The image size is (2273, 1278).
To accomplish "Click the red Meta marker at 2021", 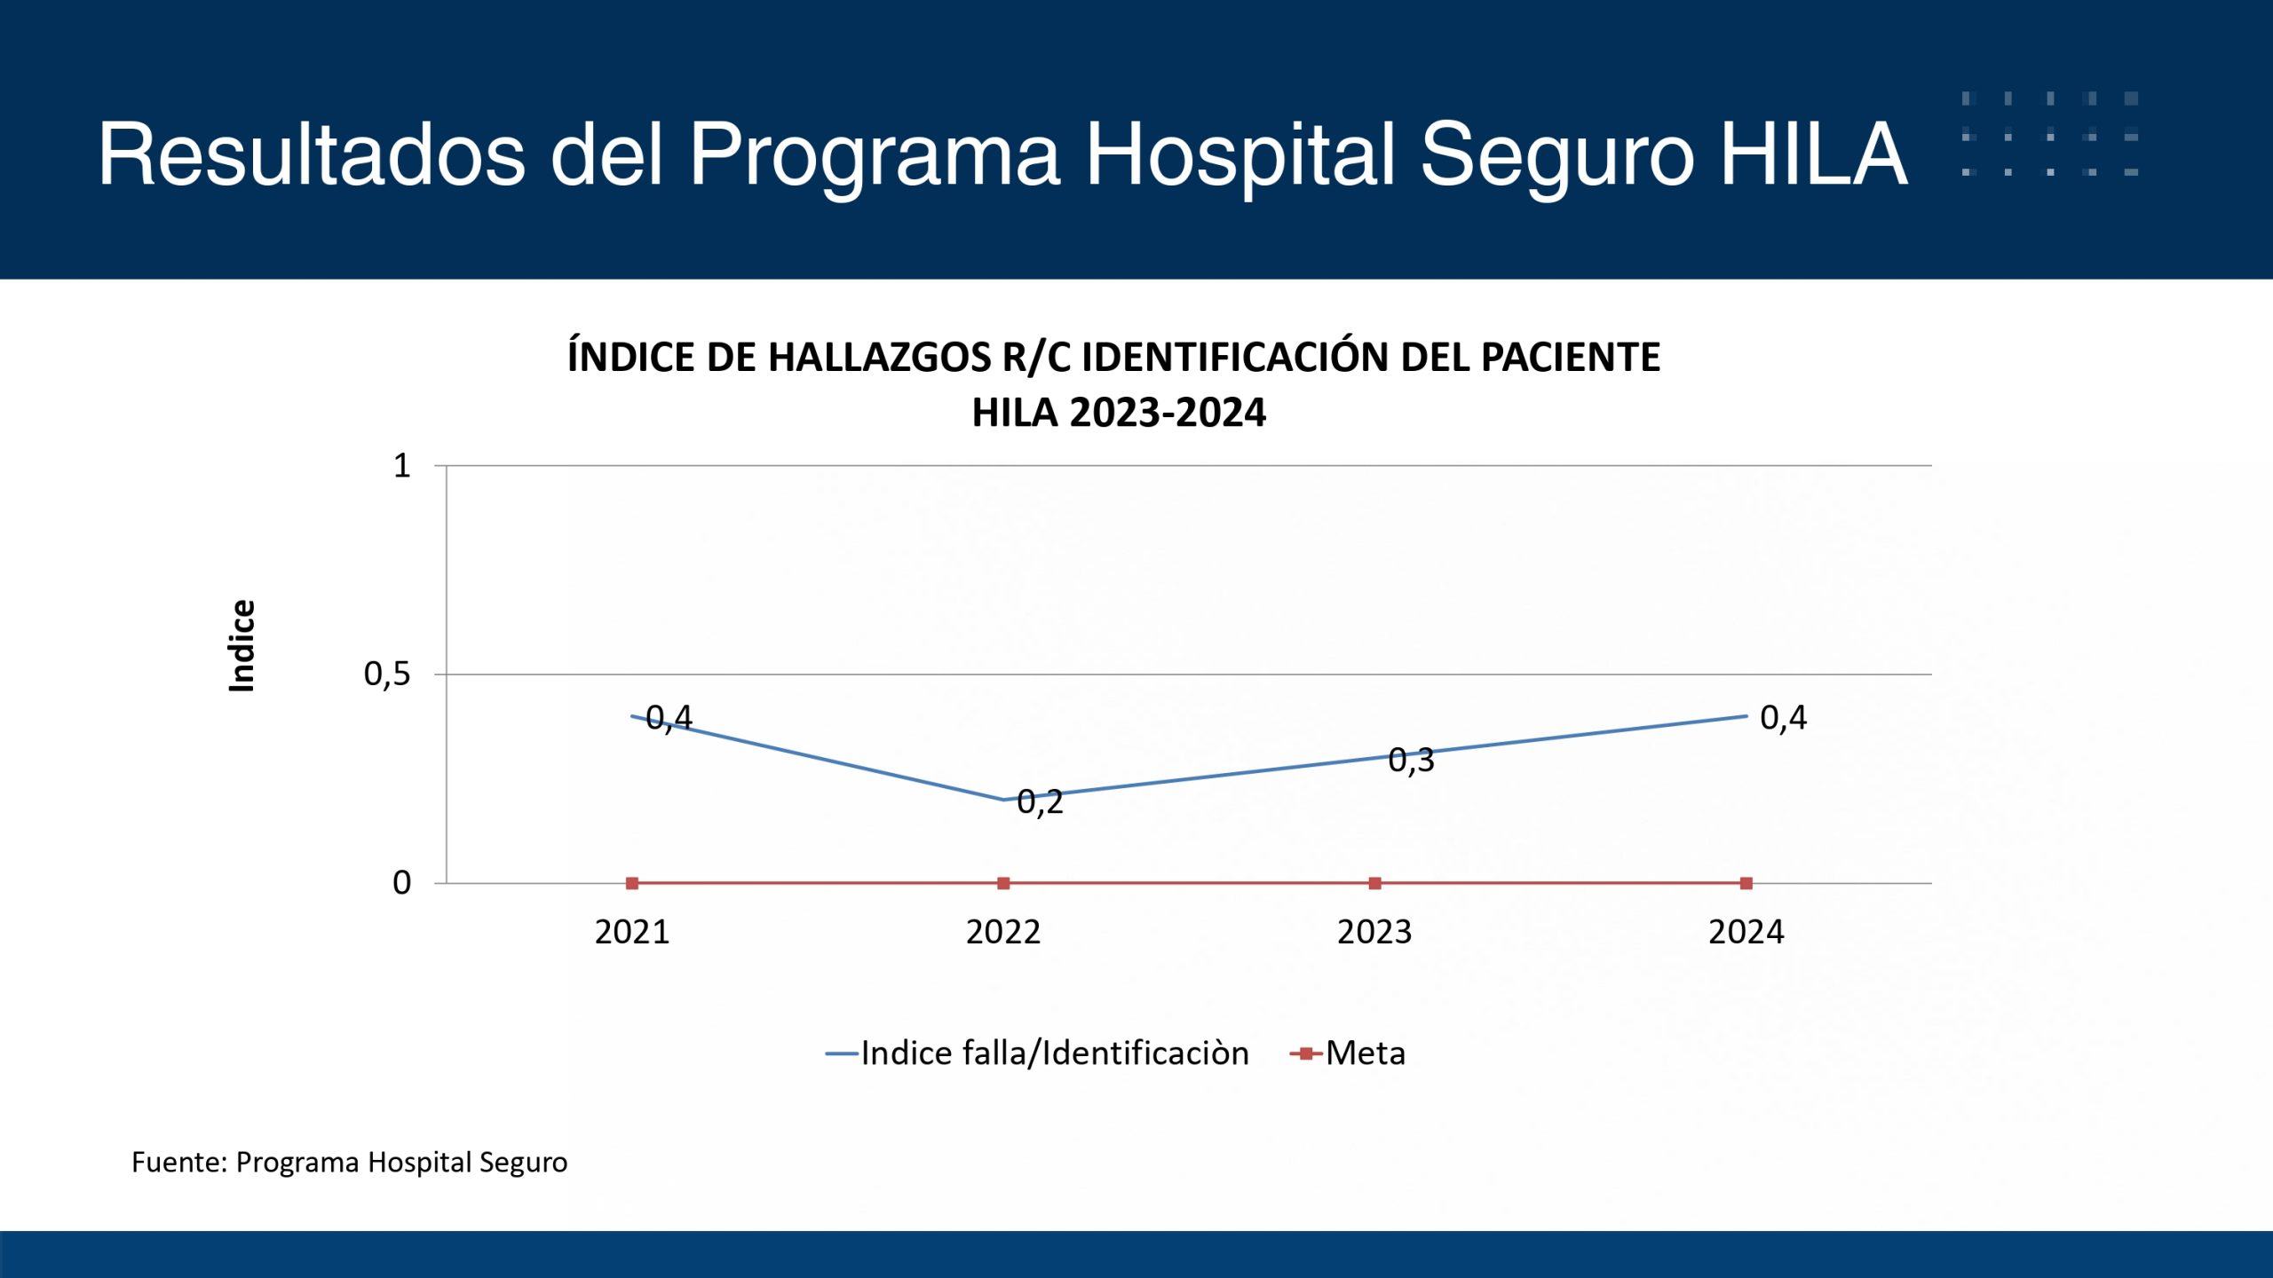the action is (632, 883).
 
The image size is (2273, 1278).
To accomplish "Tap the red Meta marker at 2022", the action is (1003, 883).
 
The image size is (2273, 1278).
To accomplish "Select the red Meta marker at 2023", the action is (1374, 883).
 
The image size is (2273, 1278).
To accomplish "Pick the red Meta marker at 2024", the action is (1746, 883).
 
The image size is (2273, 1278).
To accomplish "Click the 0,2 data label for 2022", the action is (1040, 802).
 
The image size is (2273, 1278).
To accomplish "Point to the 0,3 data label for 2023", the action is (1411, 761).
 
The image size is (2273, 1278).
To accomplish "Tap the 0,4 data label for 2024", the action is (1783, 718).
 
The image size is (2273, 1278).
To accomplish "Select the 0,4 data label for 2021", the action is (669, 718).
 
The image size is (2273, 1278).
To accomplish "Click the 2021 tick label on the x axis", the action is (632, 932).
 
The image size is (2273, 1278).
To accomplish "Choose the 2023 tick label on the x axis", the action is (1374, 932).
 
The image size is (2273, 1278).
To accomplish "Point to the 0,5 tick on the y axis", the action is (387, 675).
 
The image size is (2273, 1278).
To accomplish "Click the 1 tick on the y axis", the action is (402, 466).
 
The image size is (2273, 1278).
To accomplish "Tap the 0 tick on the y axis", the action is (401, 883).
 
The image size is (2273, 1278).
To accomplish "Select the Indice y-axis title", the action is (242, 645).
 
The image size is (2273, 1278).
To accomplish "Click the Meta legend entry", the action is (1348, 1053).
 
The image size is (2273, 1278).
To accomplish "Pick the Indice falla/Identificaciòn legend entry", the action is (1037, 1053).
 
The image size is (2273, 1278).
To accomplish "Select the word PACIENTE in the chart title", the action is (1571, 358).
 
